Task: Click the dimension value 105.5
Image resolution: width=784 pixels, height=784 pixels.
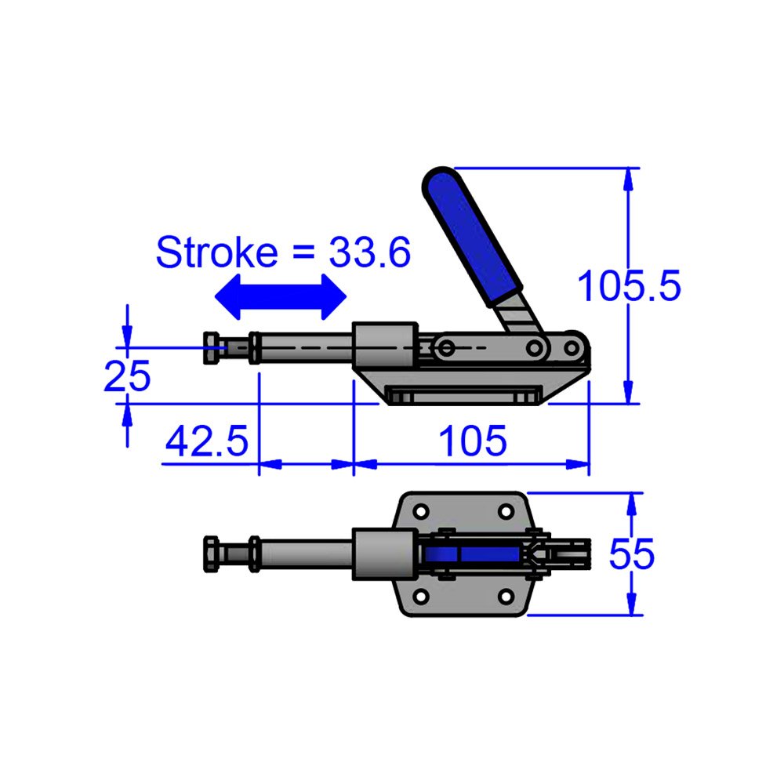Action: [x=629, y=286]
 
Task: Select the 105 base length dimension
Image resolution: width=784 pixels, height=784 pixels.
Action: [x=472, y=441]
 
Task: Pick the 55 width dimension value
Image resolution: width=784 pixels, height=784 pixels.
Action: [x=632, y=555]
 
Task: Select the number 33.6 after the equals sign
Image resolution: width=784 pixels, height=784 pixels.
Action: [x=369, y=253]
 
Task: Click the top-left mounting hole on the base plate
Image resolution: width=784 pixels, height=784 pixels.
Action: [x=421, y=512]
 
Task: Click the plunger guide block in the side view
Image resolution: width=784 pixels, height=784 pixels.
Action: [x=384, y=345]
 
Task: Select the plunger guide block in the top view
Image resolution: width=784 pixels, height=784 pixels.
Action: [x=384, y=554]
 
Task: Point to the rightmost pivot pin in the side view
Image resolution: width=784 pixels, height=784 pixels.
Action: [x=573, y=347]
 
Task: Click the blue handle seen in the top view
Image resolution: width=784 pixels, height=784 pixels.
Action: [x=470, y=555]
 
